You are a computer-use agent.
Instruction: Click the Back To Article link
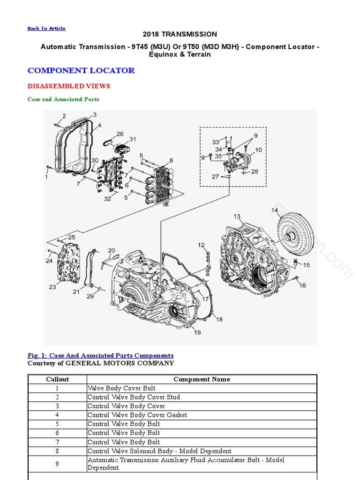tap(46, 29)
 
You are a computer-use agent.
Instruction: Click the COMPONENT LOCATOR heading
tap(81, 71)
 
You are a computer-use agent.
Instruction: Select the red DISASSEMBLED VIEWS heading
tap(69, 86)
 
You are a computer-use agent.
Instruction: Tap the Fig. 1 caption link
tap(100, 356)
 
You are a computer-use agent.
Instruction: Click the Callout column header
tap(58, 379)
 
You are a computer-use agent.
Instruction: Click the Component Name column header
tap(202, 379)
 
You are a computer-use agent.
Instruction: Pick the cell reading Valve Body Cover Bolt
tap(121, 388)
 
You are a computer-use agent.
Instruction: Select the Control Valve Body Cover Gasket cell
tap(137, 415)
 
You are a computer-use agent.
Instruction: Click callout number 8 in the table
tap(58, 451)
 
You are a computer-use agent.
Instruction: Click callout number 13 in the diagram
tap(237, 217)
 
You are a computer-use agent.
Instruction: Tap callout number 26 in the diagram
tap(120, 134)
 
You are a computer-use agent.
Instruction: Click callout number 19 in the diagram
tap(197, 332)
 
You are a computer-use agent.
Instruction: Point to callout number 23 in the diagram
tap(52, 287)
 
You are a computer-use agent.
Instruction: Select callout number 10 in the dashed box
tap(258, 150)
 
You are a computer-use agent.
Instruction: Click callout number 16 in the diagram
tap(302, 285)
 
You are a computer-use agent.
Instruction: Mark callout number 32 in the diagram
tap(108, 199)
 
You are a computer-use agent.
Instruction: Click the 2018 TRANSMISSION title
tap(180, 34)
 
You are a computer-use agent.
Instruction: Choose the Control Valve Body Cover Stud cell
tap(134, 397)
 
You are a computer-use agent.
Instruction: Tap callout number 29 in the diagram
tap(90, 296)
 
